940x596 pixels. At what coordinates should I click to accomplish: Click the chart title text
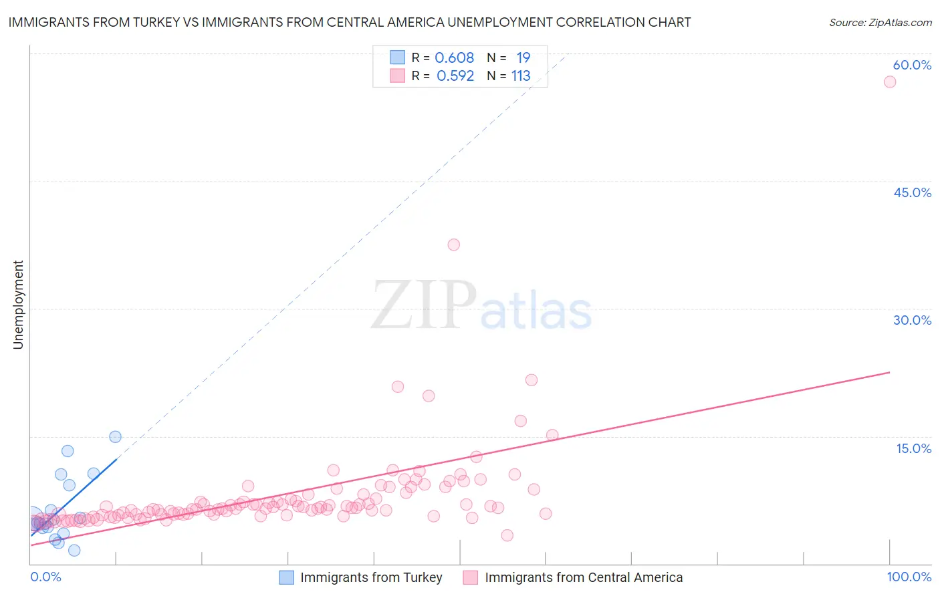[x=349, y=22]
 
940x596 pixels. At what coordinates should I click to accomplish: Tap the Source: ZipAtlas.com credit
[x=880, y=22]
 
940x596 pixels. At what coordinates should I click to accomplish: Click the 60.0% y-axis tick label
[x=912, y=65]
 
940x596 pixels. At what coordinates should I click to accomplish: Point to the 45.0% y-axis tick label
[x=912, y=192]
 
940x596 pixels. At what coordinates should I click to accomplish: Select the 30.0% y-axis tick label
[x=912, y=320]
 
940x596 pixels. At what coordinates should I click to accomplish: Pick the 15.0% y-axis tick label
[x=913, y=448]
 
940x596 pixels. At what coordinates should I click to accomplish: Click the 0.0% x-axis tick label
[x=45, y=577]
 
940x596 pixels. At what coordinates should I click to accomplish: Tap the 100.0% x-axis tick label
[x=909, y=577]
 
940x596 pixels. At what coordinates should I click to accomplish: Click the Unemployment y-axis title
[x=18, y=305]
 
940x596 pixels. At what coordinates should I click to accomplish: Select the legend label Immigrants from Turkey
[x=371, y=577]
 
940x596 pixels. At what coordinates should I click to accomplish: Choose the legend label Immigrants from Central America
[x=584, y=577]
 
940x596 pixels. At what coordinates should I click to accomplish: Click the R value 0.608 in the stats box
[x=455, y=58]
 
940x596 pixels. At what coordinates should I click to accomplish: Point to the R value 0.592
[x=455, y=76]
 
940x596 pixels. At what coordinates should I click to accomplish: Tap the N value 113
[x=521, y=76]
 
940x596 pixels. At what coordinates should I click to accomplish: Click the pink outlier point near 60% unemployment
[x=889, y=82]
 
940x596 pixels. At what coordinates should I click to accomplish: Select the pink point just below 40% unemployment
[x=453, y=245]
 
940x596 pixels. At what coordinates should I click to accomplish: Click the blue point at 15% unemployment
[x=115, y=437]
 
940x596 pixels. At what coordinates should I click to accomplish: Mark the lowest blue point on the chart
[x=74, y=551]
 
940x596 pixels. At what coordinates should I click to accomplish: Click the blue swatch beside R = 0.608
[x=397, y=57]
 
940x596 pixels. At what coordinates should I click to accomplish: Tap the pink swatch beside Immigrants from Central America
[x=471, y=577]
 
